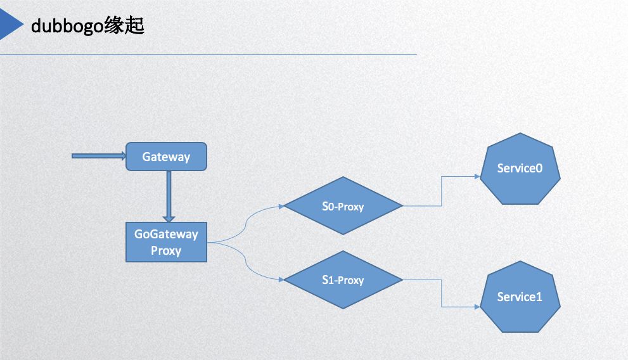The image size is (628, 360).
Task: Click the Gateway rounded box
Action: (x=166, y=157)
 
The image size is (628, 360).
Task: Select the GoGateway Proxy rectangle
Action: (x=166, y=242)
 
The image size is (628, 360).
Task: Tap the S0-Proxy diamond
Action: (x=343, y=206)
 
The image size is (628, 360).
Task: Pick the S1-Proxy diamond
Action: (x=343, y=280)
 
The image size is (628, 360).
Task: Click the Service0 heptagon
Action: (x=520, y=169)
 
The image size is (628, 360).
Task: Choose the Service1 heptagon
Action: (x=520, y=297)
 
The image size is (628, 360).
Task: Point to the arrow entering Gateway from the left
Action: (x=99, y=156)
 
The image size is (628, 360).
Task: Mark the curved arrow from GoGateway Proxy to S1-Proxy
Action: (x=245, y=261)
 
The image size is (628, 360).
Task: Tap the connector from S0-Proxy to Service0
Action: (x=442, y=190)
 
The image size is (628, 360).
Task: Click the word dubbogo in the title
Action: (x=63, y=27)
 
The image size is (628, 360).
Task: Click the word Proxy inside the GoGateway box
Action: (x=166, y=250)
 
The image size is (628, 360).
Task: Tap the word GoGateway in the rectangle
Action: (x=166, y=234)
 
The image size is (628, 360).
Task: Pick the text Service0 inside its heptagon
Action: (x=520, y=169)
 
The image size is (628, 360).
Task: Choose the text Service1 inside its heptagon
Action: (x=520, y=297)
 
